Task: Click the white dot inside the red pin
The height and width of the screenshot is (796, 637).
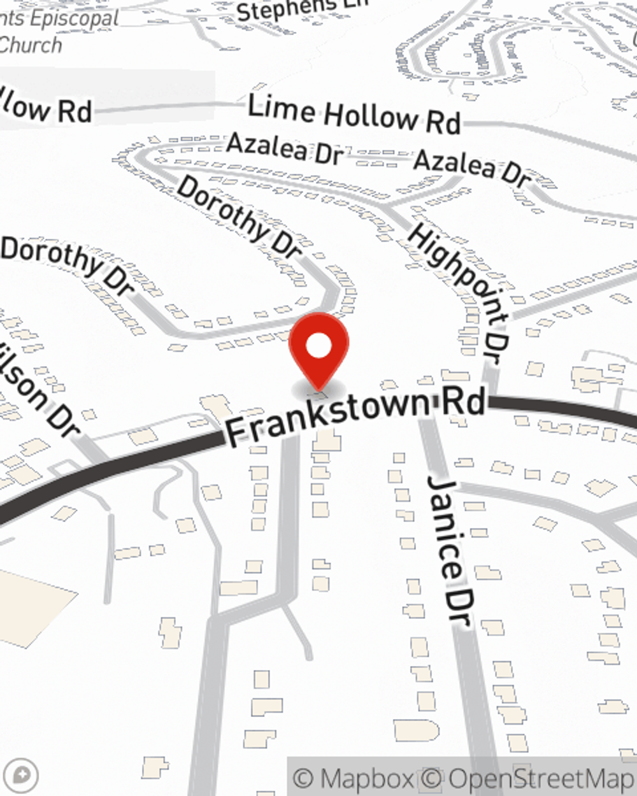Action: tap(318, 346)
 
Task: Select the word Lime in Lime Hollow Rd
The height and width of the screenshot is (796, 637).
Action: tap(280, 108)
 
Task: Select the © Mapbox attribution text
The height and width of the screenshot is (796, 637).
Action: tap(353, 778)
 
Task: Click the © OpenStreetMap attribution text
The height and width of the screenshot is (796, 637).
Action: tap(529, 778)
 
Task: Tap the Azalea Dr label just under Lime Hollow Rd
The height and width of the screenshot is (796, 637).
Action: tap(285, 148)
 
